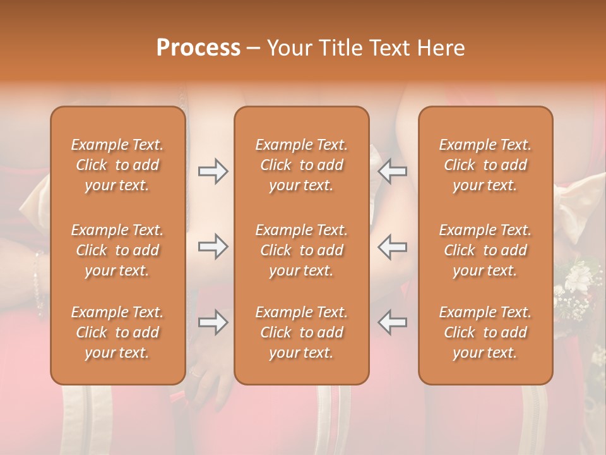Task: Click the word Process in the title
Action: tap(198, 48)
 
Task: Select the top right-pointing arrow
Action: tap(213, 171)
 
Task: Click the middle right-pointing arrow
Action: tap(213, 246)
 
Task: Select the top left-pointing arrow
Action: tap(393, 171)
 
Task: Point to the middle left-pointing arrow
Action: tap(393, 246)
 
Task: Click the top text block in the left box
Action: tap(117, 165)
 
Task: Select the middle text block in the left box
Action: tap(117, 250)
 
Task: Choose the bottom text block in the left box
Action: tap(117, 332)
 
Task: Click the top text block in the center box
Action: tap(302, 165)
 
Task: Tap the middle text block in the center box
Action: tap(302, 250)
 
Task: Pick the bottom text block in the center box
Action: tap(302, 332)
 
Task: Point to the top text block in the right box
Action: tap(485, 165)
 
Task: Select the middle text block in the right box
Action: tap(485, 250)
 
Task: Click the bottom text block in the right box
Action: tap(485, 332)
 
